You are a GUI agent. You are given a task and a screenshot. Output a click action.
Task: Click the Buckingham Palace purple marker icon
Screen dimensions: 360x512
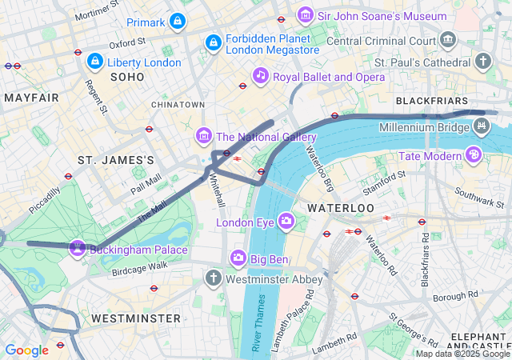click(x=78, y=248)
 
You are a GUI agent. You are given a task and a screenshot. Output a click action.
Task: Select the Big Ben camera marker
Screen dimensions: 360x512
click(x=238, y=258)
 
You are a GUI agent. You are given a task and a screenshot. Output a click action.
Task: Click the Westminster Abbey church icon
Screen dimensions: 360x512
click(x=213, y=278)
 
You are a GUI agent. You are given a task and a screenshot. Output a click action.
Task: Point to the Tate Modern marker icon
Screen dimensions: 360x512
click(x=474, y=154)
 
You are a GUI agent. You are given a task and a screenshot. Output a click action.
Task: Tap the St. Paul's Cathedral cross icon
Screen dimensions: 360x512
click(x=483, y=61)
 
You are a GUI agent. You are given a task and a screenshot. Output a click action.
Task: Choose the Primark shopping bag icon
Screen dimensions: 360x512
click(x=178, y=22)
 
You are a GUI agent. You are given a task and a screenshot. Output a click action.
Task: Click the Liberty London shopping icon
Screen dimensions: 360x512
click(x=94, y=61)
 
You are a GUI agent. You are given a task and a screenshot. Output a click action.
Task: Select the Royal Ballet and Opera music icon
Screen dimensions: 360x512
click(x=260, y=76)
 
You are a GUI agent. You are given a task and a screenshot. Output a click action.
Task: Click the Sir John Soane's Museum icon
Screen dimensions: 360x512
click(x=305, y=15)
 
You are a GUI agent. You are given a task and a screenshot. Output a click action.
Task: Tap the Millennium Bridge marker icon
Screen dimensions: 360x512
click(x=481, y=126)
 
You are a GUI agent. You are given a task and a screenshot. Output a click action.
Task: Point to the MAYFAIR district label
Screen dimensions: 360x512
click(x=31, y=98)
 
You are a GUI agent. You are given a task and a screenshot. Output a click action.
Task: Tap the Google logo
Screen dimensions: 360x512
click(x=26, y=350)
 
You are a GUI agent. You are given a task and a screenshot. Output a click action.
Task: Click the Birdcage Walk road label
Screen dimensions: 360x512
click(x=140, y=265)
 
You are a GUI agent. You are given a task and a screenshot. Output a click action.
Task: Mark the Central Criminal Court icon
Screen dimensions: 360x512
click(x=448, y=39)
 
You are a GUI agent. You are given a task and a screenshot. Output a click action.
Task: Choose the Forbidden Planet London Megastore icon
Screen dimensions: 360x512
click(x=213, y=42)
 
